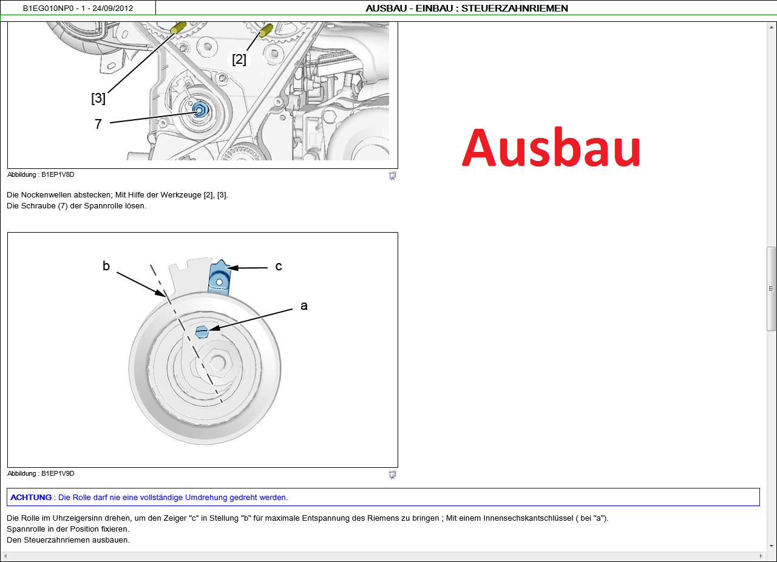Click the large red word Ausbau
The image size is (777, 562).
[x=551, y=147]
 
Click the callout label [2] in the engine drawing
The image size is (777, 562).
[x=239, y=60]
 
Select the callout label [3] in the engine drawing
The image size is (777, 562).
[x=98, y=98]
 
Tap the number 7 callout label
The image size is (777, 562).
[x=98, y=124]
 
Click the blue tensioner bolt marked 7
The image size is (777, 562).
[x=200, y=110]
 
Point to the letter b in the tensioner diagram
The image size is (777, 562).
[x=106, y=266]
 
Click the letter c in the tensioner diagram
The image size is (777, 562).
[x=279, y=267]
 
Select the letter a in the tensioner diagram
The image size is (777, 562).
[x=304, y=306]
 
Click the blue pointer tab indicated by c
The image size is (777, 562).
[x=219, y=278]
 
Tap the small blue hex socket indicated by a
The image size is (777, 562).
[x=202, y=332]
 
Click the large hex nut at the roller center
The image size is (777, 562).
[x=217, y=362]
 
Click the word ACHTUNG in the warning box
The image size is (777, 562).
[x=31, y=498]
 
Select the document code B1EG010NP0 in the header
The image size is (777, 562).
[x=48, y=9]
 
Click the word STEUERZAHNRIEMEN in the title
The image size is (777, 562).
[x=514, y=9]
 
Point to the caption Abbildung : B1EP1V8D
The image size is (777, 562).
[x=41, y=174]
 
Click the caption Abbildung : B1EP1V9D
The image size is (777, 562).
[x=41, y=473]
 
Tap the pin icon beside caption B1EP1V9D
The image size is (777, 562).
[x=392, y=475]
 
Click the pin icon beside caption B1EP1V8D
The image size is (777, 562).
[x=392, y=176]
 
